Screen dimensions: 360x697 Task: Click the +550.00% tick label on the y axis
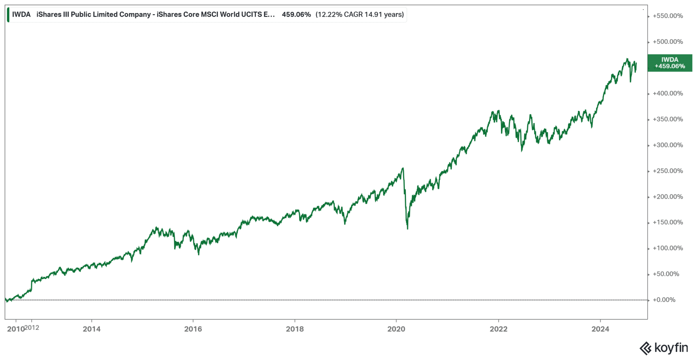(x=667, y=16)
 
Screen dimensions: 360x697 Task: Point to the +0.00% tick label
(x=664, y=300)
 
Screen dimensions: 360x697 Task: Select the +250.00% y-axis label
(x=667, y=171)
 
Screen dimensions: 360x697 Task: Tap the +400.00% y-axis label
(x=667, y=93)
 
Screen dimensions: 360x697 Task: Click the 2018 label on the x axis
(x=295, y=329)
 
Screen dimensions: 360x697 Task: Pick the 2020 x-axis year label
(x=396, y=329)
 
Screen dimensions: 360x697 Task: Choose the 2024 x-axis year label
(x=600, y=329)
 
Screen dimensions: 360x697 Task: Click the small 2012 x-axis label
(x=32, y=328)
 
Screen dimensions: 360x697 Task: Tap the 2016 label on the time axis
(x=193, y=329)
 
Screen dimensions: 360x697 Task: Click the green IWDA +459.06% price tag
(x=669, y=63)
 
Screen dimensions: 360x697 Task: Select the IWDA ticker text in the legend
(x=21, y=15)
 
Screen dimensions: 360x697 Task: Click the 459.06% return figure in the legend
(x=296, y=15)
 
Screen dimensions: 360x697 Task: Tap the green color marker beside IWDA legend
(x=8, y=15)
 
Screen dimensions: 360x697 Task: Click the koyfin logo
(x=663, y=348)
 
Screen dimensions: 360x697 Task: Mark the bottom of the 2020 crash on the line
(x=407, y=228)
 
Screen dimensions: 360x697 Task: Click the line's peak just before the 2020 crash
(x=403, y=168)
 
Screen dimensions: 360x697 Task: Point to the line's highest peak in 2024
(x=627, y=59)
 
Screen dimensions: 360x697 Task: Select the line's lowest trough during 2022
(x=522, y=151)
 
